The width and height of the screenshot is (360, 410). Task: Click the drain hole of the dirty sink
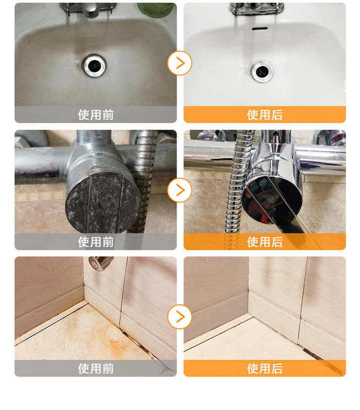(94, 66)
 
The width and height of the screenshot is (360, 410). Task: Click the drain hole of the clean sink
(262, 71)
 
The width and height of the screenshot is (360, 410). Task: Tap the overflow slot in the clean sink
(260, 28)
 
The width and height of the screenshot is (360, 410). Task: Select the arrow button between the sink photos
(180, 63)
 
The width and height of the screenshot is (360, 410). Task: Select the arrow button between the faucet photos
(180, 190)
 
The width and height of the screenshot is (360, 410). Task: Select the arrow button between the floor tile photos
(180, 317)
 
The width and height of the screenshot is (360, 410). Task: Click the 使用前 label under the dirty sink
(96, 115)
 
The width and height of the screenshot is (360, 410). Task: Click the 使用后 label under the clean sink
(265, 115)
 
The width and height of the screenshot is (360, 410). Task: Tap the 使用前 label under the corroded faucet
(96, 241)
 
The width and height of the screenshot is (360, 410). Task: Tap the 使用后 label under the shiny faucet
(265, 241)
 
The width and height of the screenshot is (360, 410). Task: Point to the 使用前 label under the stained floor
(96, 369)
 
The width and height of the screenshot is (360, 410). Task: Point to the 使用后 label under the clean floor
(265, 369)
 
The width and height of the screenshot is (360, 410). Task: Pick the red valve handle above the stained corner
(100, 263)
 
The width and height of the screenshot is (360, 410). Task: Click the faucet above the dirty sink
(88, 9)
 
